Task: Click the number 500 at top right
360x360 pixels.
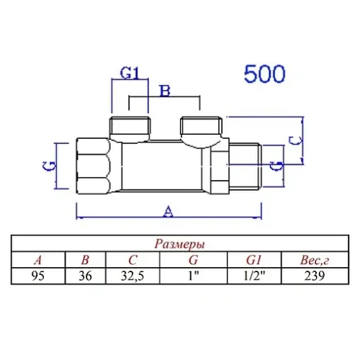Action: pos(264,74)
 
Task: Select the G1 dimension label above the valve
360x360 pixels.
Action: pos(128,73)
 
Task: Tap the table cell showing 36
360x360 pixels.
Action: pos(86,275)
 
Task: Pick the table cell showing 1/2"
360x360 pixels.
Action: pos(253,275)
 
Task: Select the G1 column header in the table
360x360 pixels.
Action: pos(253,260)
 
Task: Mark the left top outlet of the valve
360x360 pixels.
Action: pos(130,127)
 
